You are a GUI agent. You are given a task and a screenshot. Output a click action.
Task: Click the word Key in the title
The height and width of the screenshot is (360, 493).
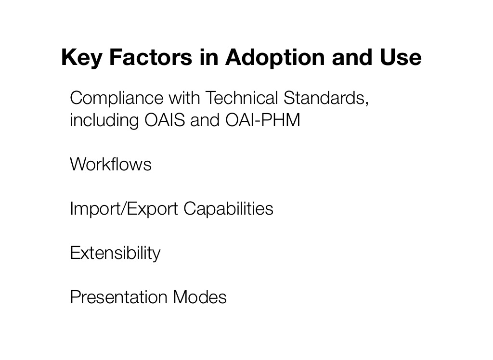(x=81, y=58)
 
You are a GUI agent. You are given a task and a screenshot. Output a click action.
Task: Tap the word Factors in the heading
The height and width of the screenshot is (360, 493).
(x=151, y=57)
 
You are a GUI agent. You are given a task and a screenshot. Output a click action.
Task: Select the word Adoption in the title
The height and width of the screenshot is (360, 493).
(x=275, y=58)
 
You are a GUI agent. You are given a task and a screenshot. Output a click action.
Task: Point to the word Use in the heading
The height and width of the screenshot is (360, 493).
(x=401, y=57)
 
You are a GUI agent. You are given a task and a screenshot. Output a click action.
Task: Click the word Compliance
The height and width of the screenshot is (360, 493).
(x=117, y=98)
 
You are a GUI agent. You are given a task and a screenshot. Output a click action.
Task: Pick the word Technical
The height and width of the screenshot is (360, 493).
(x=242, y=98)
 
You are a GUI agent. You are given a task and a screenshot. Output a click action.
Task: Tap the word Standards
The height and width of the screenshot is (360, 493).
(x=326, y=98)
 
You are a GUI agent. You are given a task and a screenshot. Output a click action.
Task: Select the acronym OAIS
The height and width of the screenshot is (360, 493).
(x=165, y=120)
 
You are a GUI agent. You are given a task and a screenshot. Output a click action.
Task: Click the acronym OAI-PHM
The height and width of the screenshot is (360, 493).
(x=263, y=120)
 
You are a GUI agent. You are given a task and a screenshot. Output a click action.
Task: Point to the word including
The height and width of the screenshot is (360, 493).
(x=104, y=120)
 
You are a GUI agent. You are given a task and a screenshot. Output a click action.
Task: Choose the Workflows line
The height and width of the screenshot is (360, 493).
(x=111, y=164)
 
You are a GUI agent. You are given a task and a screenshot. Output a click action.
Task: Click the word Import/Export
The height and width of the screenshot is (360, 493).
(x=124, y=209)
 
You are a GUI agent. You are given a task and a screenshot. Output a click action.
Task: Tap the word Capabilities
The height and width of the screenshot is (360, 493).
(x=228, y=209)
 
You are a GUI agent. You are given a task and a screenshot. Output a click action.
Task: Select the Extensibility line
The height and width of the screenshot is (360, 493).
(x=115, y=253)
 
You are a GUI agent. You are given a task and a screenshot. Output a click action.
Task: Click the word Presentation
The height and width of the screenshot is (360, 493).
(x=118, y=297)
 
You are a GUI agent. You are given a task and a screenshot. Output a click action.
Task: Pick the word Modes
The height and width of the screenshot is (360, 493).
(x=200, y=297)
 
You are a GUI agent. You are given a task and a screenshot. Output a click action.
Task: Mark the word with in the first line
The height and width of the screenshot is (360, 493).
(x=184, y=98)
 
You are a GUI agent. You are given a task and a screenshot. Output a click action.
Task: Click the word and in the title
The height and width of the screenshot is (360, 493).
(x=352, y=57)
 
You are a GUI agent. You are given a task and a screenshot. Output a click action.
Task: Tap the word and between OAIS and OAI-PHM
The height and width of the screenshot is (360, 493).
(x=205, y=120)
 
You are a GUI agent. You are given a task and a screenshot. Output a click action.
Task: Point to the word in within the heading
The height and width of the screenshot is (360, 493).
(x=209, y=57)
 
